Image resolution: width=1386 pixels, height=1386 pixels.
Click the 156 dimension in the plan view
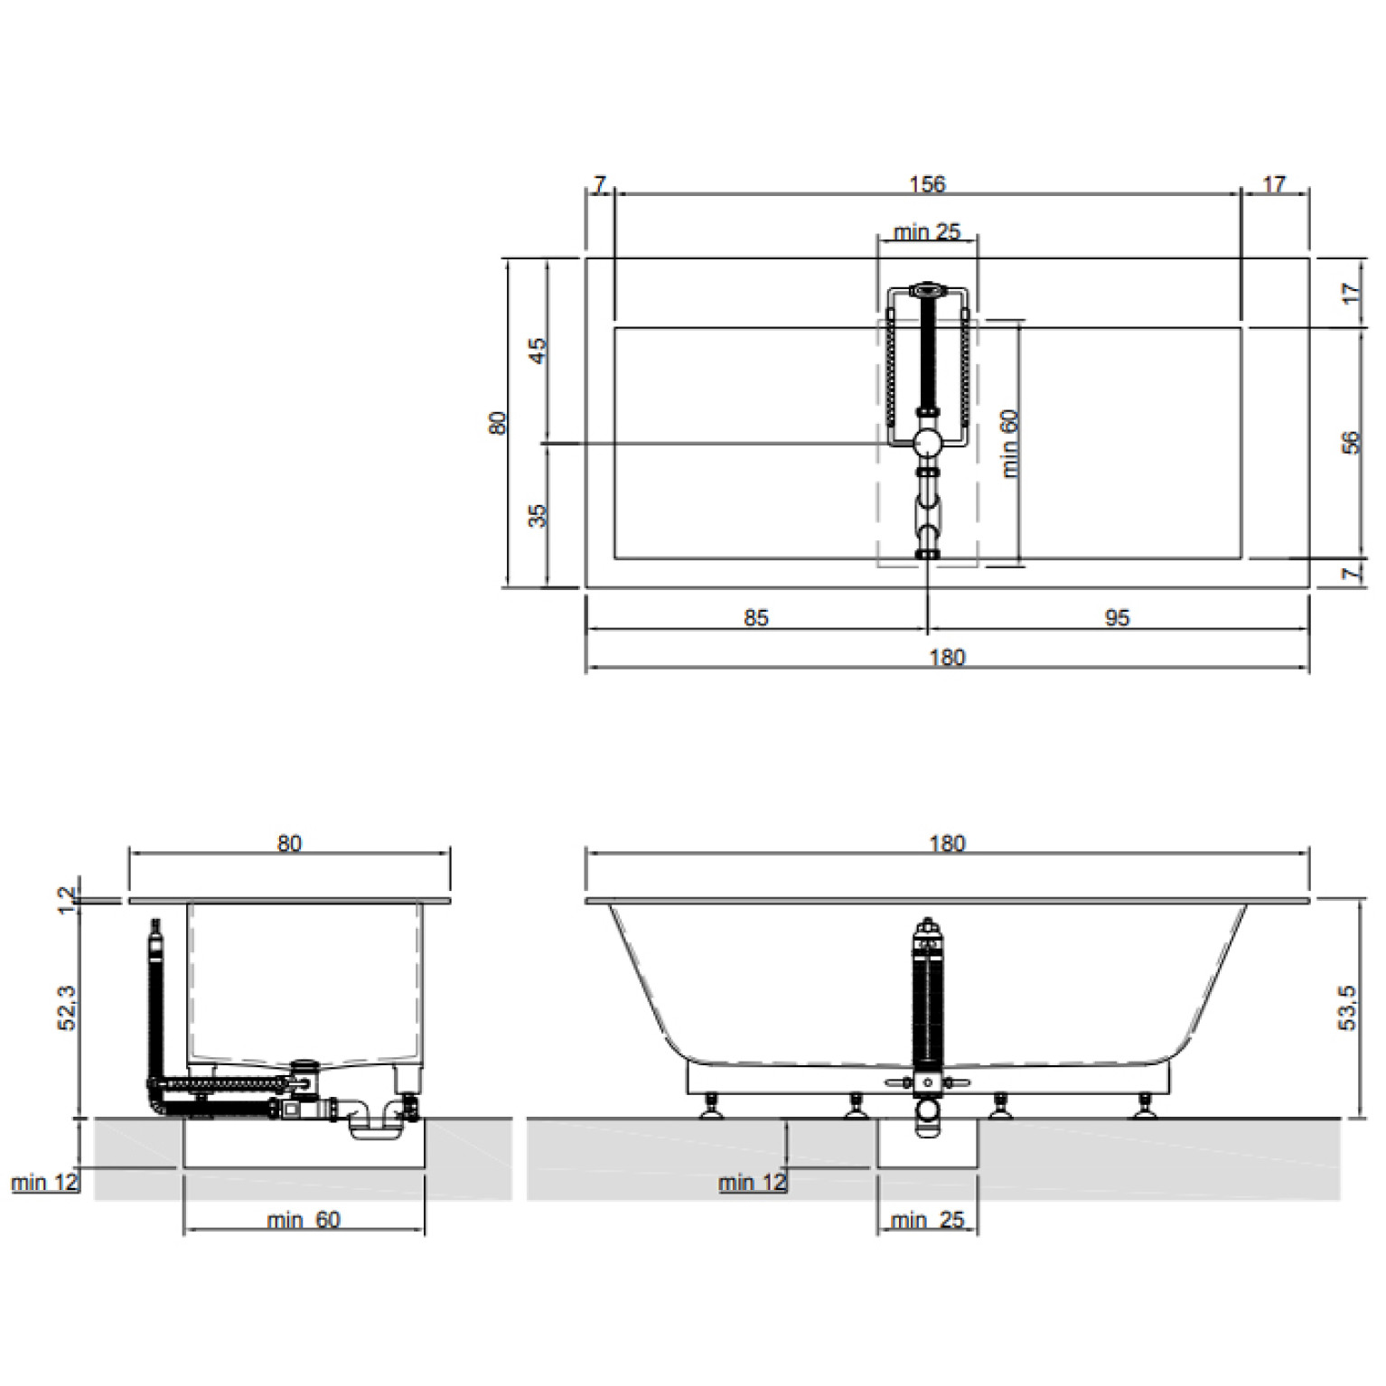926,184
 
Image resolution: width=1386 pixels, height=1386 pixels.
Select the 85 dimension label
756,618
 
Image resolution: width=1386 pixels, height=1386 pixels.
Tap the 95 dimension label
1118,618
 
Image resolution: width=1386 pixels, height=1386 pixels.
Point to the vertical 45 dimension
538,350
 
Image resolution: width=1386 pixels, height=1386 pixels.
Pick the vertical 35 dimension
538,516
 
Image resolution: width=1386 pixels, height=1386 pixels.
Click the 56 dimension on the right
1351,443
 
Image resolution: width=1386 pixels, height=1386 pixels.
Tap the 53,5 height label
1347,1008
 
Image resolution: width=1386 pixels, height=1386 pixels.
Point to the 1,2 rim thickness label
68,900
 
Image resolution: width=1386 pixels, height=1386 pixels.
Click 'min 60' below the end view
304,1220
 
